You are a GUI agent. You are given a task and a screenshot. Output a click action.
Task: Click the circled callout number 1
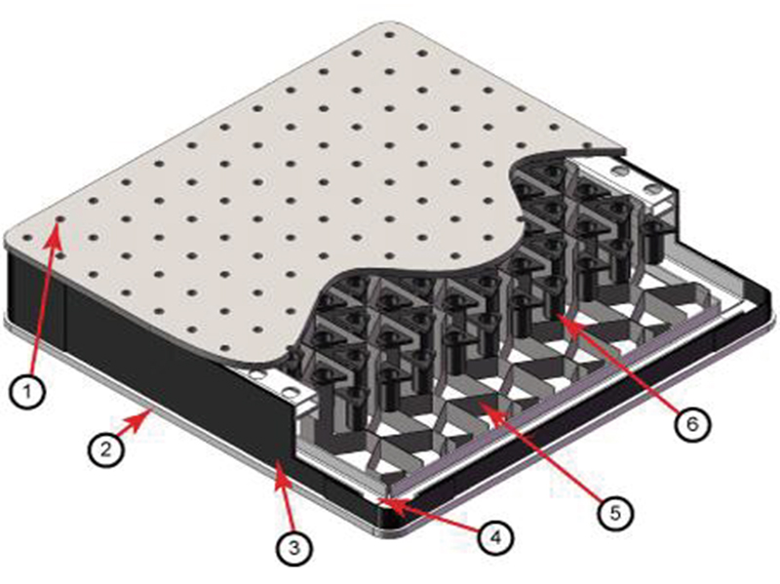point(27,391)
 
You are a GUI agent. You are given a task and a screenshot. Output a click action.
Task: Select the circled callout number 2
point(106,449)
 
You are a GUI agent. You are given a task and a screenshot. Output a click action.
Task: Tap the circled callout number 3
point(294,548)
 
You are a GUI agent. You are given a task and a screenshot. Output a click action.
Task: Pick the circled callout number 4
point(495,538)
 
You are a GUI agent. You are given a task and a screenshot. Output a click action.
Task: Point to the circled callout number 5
point(615,513)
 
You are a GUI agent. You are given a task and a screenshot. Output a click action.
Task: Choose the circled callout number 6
point(692,424)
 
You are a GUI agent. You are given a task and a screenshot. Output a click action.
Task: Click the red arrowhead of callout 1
point(56,234)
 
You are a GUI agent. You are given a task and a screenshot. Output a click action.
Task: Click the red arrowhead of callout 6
point(568,322)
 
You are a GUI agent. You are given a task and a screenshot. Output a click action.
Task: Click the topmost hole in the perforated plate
point(389,35)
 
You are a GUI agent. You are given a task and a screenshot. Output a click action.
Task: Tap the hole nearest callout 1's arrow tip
point(60,218)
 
